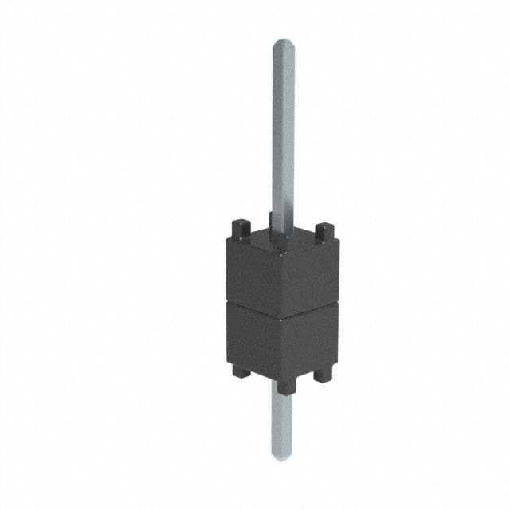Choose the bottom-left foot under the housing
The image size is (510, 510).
click(240, 370)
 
